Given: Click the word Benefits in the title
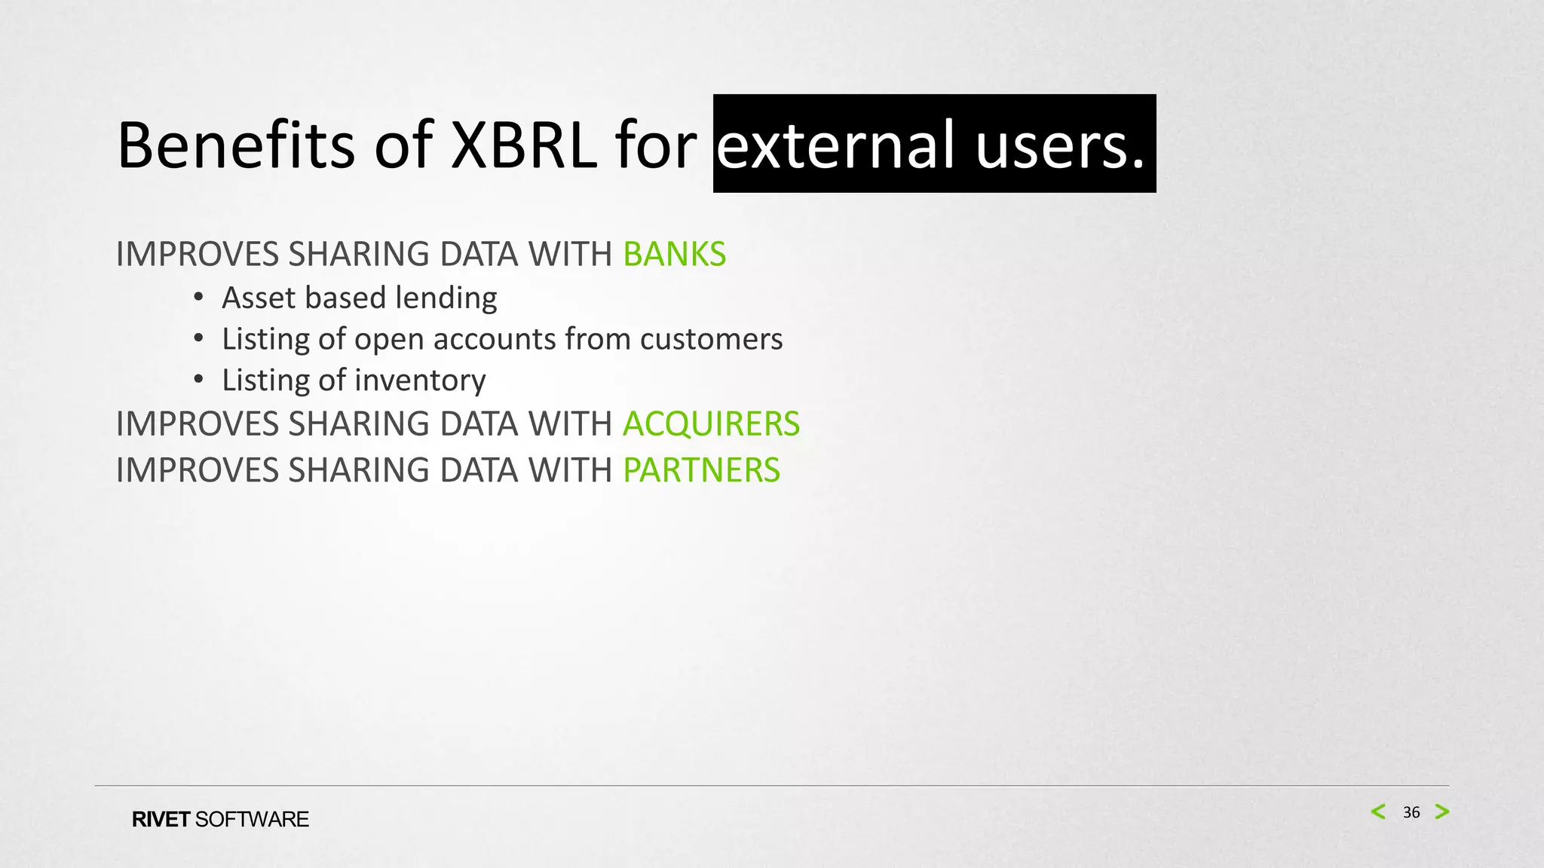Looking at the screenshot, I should [x=236, y=145].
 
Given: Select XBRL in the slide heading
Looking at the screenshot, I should [x=523, y=145].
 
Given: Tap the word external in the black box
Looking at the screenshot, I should [x=837, y=145].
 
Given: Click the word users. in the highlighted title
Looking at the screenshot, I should [x=1060, y=145].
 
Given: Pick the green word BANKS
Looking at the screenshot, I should [x=674, y=254].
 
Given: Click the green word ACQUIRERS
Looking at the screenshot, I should [x=711, y=423].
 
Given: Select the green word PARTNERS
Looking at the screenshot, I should [x=701, y=470].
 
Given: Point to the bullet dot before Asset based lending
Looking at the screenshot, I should [x=198, y=298].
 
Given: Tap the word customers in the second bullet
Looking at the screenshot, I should [x=711, y=339].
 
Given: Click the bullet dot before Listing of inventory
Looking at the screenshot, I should [x=198, y=380].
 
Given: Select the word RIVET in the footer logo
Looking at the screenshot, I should [x=161, y=820].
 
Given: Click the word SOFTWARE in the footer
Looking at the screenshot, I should [x=252, y=820].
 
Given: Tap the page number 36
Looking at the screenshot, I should [x=1411, y=812].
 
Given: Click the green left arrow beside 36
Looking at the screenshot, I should [x=1378, y=811].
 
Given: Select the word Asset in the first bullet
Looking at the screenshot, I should [x=258, y=298].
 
